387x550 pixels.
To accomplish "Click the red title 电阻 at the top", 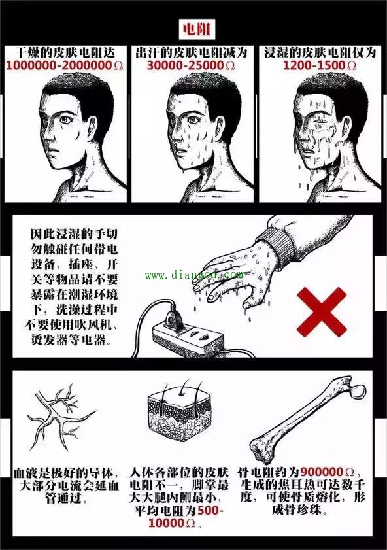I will coord(193,29).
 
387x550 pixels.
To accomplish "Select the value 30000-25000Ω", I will coord(193,66).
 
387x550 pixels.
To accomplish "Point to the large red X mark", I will coord(322,311).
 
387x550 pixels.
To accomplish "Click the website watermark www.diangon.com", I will coord(193,275).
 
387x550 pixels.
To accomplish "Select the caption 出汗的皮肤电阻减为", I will coord(193,52).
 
